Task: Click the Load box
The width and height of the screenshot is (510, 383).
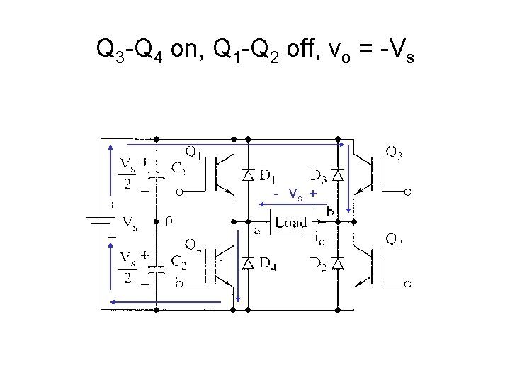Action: coord(290,222)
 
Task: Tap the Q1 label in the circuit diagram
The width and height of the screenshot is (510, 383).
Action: coord(193,151)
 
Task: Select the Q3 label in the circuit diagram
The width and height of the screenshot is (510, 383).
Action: coord(395,151)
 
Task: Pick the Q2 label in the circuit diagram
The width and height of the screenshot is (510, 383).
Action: coord(395,241)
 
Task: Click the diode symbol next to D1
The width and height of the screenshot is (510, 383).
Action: coord(248,174)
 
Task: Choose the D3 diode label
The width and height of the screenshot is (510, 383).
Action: coord(317,175)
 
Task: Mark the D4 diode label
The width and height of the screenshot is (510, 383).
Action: coord(267,264)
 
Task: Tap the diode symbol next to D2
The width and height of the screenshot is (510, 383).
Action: coord(338,264)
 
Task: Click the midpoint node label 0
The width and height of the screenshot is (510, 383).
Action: coord(168,221)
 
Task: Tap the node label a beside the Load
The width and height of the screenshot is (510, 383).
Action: coord(258,230)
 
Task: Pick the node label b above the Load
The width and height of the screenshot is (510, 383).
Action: coord(330,211)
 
